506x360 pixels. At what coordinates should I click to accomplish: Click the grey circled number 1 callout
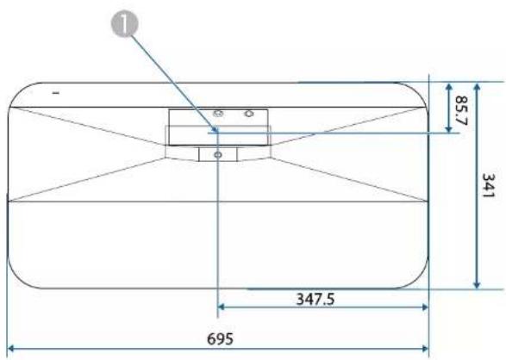pos(125,24)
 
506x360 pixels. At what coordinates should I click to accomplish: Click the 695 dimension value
pos(220,338)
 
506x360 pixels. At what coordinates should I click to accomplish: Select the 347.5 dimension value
pos(315,299)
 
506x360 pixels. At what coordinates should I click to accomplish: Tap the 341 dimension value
pos(488,186)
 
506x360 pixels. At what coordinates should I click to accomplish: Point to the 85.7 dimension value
pos(461,110)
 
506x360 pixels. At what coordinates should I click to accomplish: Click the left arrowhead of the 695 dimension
pos(10,349)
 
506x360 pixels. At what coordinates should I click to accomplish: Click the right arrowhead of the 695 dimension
pos(425,349)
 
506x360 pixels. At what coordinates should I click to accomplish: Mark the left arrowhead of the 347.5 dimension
pos(222,307)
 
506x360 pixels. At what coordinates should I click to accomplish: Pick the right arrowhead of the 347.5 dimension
pos(425,307)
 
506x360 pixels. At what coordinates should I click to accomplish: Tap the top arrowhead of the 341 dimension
pos(477,86)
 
